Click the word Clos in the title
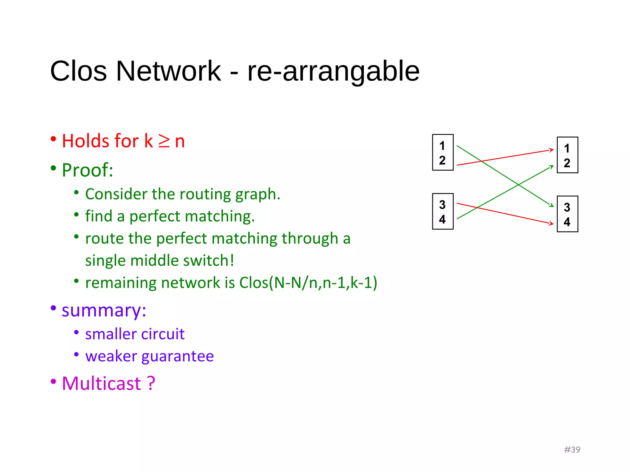tap(78, 71)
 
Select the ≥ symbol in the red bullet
tap(164, 141)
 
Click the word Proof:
tap(87, 170)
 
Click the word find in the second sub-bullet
tap(98, 216)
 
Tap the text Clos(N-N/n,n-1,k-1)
tap(308, 283)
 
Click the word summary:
tap(104, 310)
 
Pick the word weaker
tap(111, 356)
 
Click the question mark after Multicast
tap(151, 384)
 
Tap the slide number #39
tap(572, 450)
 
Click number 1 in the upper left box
tap(442, 146)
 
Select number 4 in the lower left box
tap(442, 219)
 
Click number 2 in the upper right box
tap(567, 163)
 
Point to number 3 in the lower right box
tap(567, 207)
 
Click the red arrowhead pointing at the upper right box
tap(552, 150)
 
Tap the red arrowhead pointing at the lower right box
tap(552, 223)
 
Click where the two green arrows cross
tap(519, 185)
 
